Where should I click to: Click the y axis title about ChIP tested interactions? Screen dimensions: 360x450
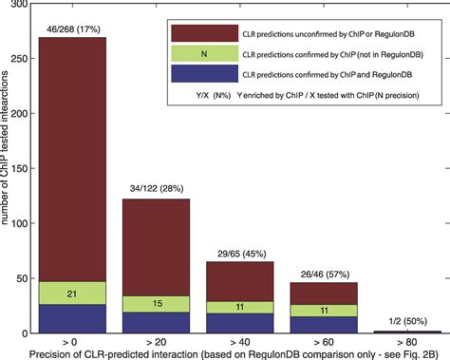9,180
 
